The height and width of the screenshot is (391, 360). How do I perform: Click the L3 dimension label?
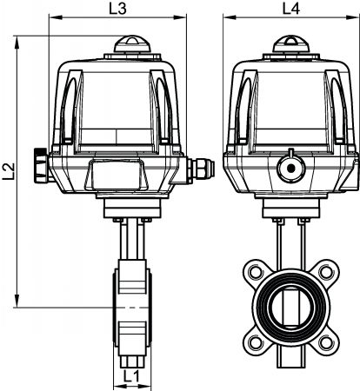click(x=118, y=9)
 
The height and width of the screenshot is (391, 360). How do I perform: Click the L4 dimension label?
click(x=291, y=9)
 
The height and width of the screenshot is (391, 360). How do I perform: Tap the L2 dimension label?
click(x=9, y=171)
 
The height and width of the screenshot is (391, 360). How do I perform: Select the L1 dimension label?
click(x=131, y=377)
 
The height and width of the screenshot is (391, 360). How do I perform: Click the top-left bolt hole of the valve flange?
click(x=255, y=272)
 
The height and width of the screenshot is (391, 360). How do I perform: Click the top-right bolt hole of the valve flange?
click(x=326, y=272)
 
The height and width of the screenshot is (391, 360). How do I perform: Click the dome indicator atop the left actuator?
click(x=132, y=44)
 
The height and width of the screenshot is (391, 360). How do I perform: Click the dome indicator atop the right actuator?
click(x=291, y=44)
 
